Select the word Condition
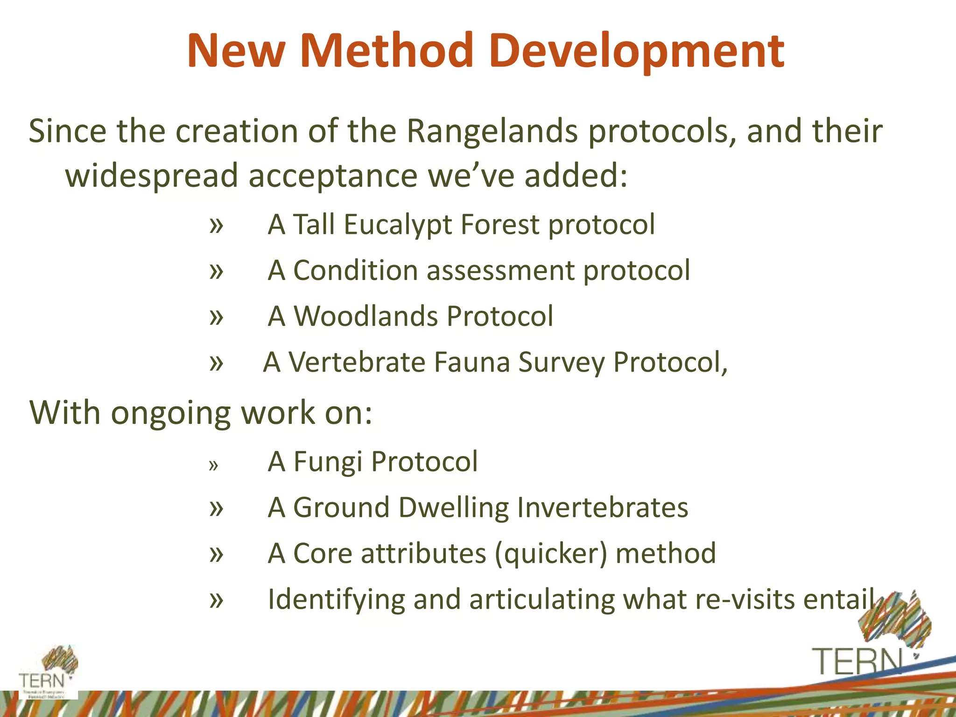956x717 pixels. pyautogui.click(x=355, y=270)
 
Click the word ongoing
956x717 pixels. pyautogui.click(x=171, y=413)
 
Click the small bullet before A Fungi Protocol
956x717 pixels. pyautogui.click(x=213, y=465)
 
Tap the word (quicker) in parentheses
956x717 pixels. pyautogui.click(x=551, y=554)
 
